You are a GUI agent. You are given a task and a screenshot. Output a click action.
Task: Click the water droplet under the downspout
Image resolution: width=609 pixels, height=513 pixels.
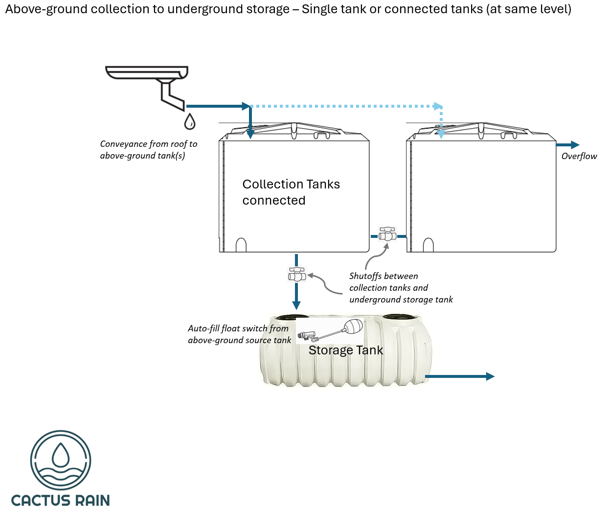point(190,121)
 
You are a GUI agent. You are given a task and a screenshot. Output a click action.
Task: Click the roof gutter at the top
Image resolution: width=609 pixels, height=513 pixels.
point(147,72)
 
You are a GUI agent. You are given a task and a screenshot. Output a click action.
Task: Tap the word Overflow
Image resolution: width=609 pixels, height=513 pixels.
point(579,156)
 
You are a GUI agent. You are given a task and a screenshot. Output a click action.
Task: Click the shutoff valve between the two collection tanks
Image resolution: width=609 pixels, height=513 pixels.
point(387,234)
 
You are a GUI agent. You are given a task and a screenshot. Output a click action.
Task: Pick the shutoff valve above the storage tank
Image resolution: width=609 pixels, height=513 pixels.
point(296,275)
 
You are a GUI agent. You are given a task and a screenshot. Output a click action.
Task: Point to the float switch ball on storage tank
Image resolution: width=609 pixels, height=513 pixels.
point(354,326)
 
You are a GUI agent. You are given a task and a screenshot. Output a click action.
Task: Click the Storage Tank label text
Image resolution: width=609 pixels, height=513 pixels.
point(346,350)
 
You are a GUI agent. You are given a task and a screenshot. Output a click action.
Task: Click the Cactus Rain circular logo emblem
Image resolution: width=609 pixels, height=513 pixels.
point(61,460)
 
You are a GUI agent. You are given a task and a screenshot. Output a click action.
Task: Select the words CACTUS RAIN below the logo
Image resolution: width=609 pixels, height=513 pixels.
point(61,500)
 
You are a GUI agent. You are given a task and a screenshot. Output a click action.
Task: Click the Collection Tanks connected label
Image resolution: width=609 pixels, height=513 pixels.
point(291,192)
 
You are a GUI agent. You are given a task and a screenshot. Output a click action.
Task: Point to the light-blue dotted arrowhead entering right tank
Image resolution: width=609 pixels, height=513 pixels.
point(441,134)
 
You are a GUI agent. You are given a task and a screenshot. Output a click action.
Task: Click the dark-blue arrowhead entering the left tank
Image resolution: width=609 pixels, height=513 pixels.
point(250,134)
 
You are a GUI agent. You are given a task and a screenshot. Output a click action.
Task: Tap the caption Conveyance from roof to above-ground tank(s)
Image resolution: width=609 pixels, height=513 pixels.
point(149,150)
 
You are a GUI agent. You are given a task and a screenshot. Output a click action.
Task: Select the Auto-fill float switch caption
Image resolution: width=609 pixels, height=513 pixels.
point(239,334)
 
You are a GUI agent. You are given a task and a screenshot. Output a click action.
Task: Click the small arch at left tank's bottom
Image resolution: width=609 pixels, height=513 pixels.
point(241,245)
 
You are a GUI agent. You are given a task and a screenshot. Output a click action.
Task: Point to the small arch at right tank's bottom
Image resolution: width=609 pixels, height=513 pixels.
point(429,245)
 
